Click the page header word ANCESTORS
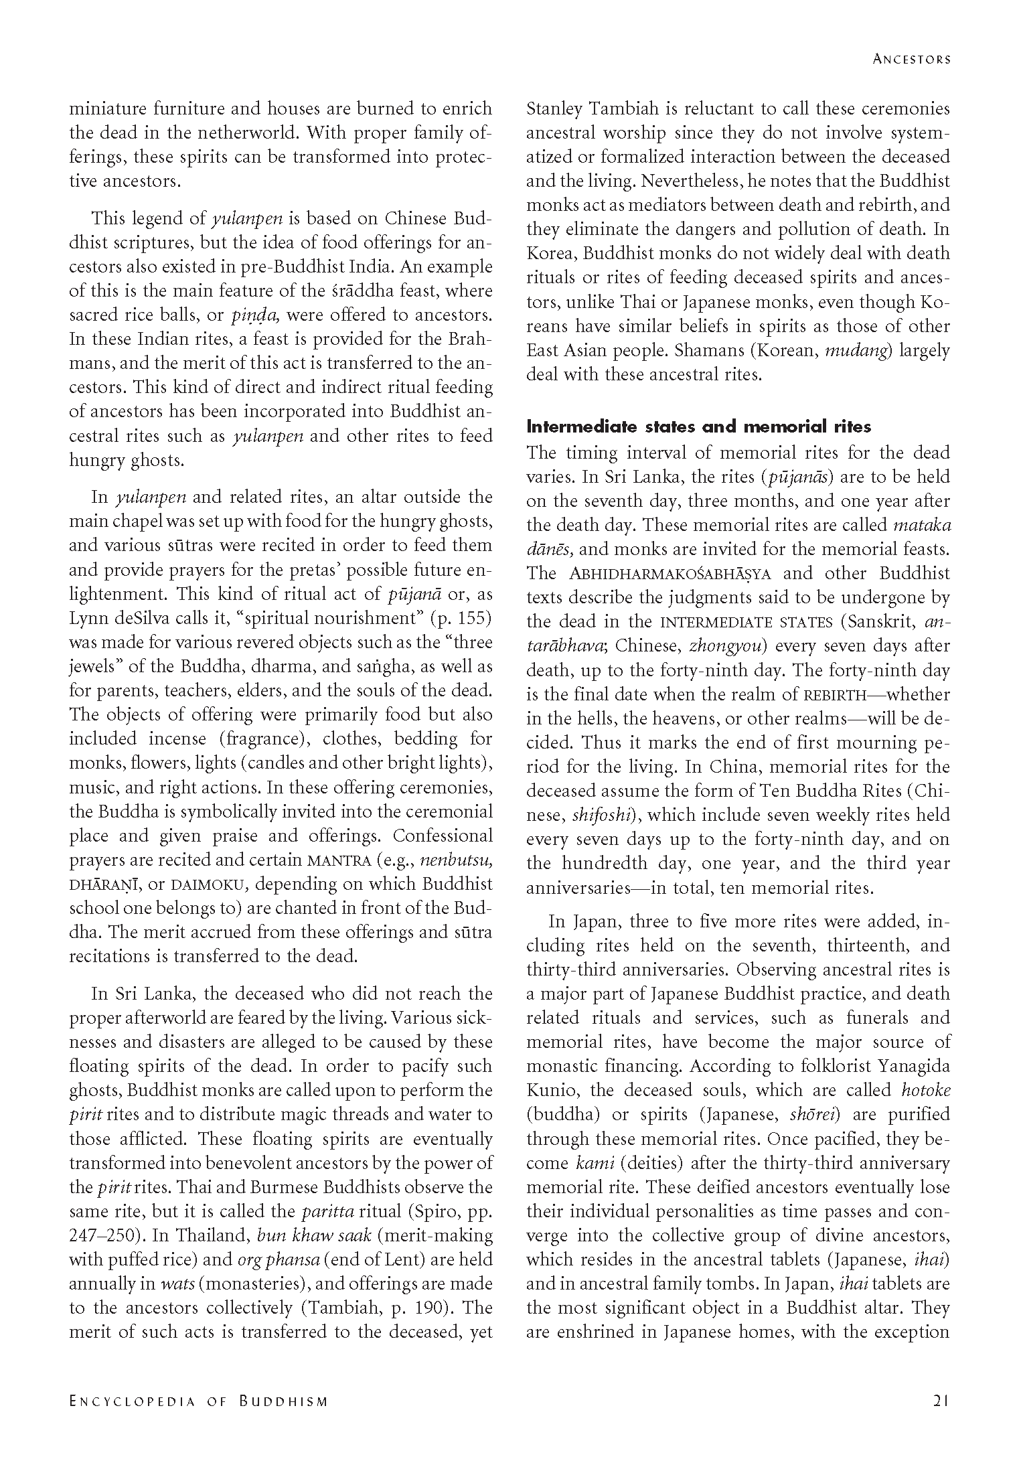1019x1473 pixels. point(911,59)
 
